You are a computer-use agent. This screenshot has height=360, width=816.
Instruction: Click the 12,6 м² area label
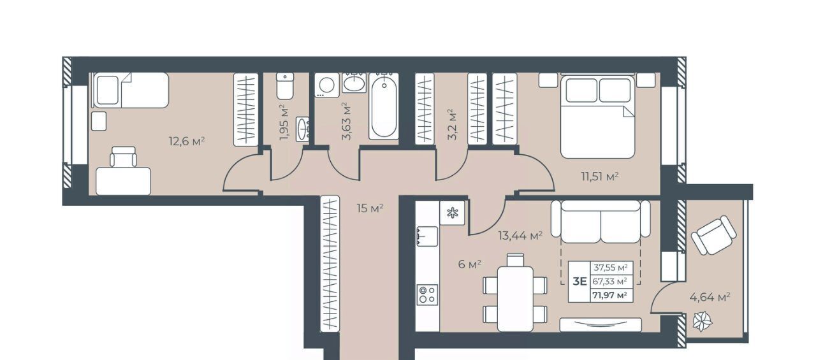[x=187, y=141]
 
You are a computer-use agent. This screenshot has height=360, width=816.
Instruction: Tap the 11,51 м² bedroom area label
[x=600, y=177]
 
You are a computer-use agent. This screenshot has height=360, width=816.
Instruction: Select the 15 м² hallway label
[x=370, y=208]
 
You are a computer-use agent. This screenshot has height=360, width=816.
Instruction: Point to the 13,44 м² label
[x=520, y=236]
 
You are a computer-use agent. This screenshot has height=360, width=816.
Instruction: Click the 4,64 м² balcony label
[x=710, y=298]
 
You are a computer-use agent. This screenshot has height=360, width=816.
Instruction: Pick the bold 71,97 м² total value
[x=610, y=295]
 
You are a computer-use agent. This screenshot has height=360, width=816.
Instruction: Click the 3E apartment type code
[x=579, y=282]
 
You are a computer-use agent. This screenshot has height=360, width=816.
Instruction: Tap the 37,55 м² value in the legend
[x=611, y=268]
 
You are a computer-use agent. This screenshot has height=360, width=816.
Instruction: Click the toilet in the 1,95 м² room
[x=285, y=86]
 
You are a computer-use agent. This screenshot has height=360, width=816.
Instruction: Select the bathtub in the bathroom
[x=384, y=106]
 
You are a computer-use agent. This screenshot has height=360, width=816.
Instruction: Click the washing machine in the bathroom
[x=327, y=85]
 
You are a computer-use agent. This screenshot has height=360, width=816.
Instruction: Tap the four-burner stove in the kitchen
[x=427, y=295]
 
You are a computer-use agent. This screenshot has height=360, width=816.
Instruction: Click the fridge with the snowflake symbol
[x=453, y=213]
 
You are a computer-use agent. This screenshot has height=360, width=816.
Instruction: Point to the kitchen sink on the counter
[x=427, y=236]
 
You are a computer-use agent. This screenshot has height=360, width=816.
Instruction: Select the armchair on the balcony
[x=713, y=235]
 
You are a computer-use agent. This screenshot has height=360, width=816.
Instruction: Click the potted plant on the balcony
[x=703, y=321]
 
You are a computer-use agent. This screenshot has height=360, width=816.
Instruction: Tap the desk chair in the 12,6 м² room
[x=124, y=157]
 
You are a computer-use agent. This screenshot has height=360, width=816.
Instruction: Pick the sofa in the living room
[x=601, y=221]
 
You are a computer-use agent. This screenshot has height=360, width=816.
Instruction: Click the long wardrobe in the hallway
[x=330, y=264]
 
